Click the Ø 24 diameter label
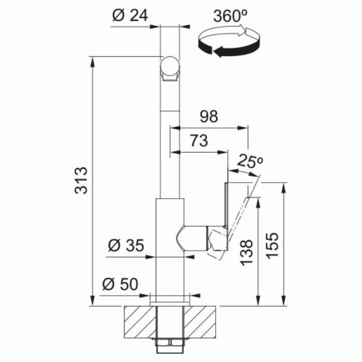click(130, 16)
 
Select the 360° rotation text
click(231, 16)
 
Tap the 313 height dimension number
click(81, 180)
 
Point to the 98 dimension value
click(209, 116)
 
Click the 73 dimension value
click(199, 141)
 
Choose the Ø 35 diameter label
click(126, 245)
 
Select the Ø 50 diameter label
click(120, 284)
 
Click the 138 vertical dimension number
click(246, 253)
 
